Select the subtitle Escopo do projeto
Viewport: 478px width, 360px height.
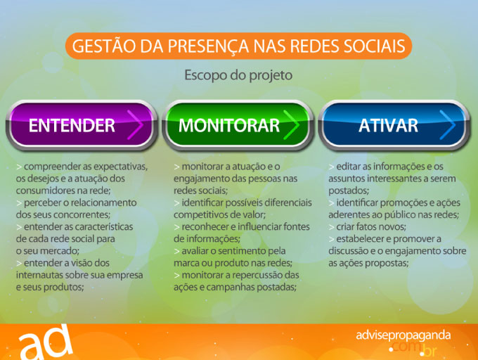pos(238,75)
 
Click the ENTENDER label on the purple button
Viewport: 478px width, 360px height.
pos(72,125)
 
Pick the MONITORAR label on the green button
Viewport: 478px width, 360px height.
pos(229,125)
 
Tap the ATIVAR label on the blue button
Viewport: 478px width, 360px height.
pos(388,125)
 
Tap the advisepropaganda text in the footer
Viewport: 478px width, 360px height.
pos(403,335)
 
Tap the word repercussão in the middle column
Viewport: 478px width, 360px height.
pos(246,275)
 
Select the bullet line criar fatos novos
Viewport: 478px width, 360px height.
pos(368,227)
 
